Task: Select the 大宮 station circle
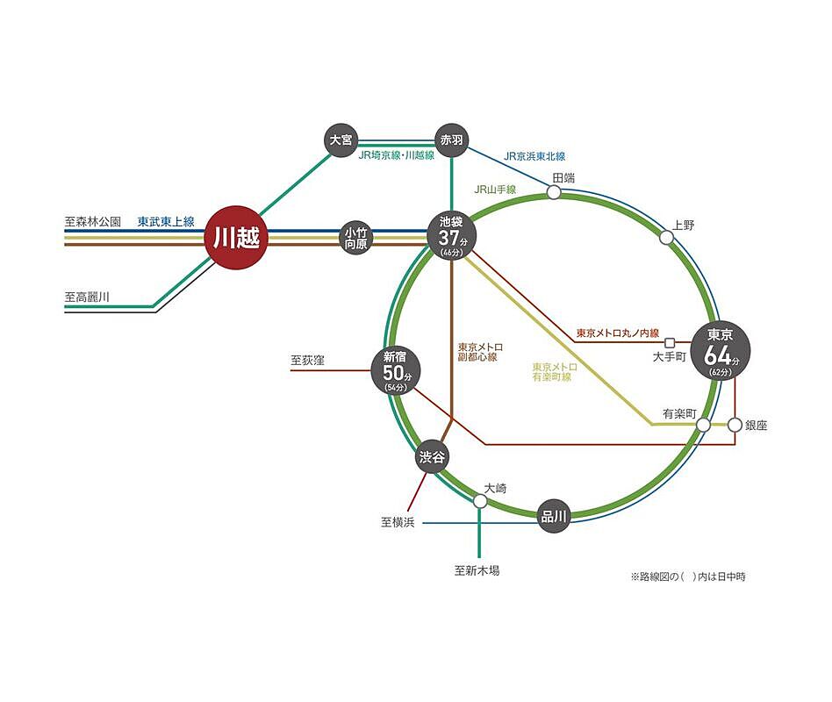pos(341,140)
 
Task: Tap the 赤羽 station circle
pos(452,140)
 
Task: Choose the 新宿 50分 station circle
pos(396,371)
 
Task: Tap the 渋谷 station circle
pos(432,456)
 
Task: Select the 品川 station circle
pos(554,516)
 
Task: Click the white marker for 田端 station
pos(554,192)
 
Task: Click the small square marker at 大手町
pos(670,342)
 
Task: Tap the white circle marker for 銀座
pos(735,425)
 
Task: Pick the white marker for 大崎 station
pos(480,501)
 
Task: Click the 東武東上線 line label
pos(166,221)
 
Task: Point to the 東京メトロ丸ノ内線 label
pos(617,333)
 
